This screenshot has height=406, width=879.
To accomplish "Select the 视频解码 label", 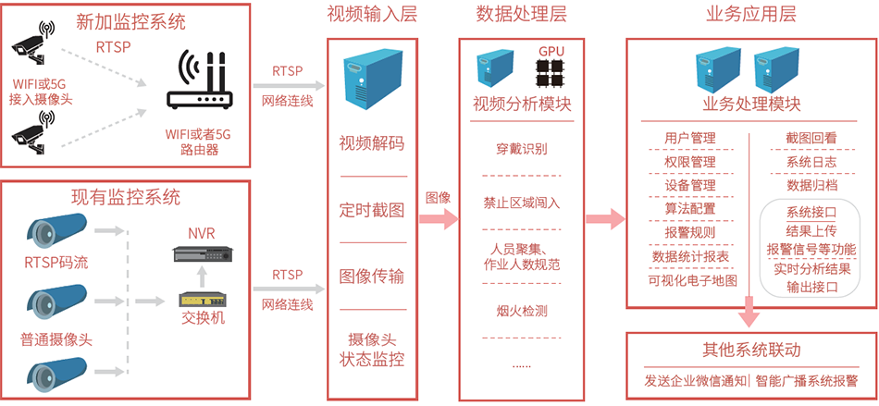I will click(373, 143).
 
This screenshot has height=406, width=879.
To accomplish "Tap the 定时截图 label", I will click(373, 210).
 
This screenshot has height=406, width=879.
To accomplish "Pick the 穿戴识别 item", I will click(522, 148).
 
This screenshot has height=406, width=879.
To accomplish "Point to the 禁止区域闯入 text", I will click(522, 202).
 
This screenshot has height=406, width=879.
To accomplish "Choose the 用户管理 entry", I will click(690, 138).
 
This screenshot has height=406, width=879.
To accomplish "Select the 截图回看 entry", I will click(811, 138).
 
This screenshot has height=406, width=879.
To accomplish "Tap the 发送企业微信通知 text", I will click(695, 380).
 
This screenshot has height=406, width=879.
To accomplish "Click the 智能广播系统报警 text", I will click(806, 380).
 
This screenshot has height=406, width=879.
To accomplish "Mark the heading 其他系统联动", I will click(751, 351).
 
